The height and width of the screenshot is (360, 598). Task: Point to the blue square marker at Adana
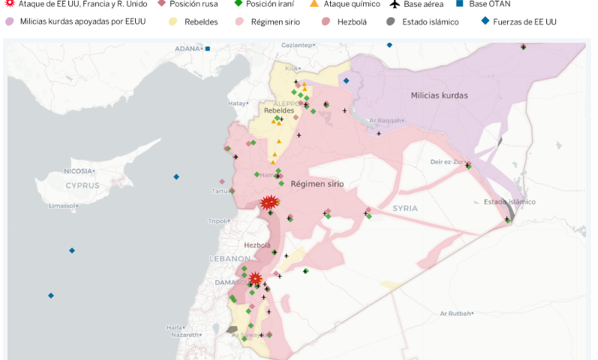[x=208, y=49]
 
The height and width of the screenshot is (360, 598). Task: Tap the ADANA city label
[x=188, y=49]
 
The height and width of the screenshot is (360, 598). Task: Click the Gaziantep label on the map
[x=296, y=45]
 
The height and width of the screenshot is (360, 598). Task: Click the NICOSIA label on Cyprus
[x=78, y=171]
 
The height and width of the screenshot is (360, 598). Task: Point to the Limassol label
[x=63, y=205]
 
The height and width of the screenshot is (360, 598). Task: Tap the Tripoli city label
[x=217, y=221]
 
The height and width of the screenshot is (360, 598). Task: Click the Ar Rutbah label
[x=455, y=313]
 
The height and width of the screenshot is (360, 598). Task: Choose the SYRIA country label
[x=405, y=208]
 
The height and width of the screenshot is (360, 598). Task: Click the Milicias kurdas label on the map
[x=439, y=95]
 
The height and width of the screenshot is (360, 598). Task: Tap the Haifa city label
[x=174, y=328]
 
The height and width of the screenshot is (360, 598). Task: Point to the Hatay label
[x=238, y=103]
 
